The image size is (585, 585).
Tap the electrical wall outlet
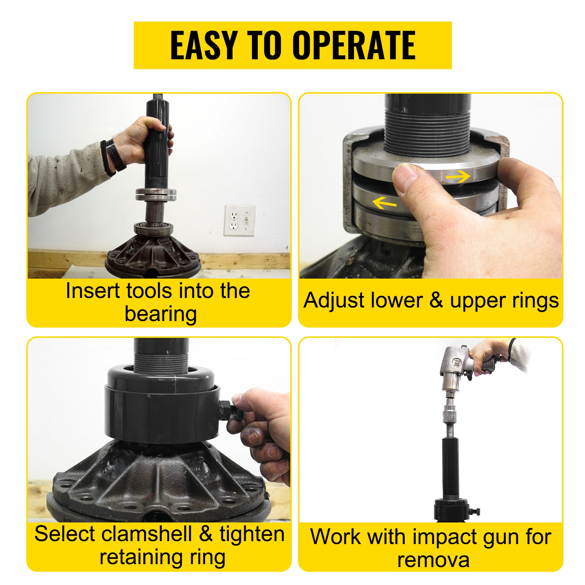pos(239,220)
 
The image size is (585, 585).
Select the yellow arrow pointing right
pos(458,177)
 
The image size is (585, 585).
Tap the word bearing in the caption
pos(161,314)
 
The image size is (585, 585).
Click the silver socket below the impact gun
pos(450,414)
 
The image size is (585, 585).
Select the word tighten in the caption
pos(252,535)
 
